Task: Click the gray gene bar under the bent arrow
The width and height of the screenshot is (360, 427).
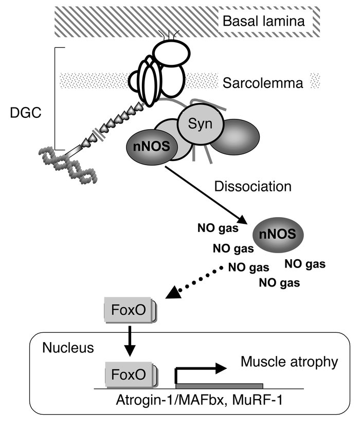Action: coord(219,385)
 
